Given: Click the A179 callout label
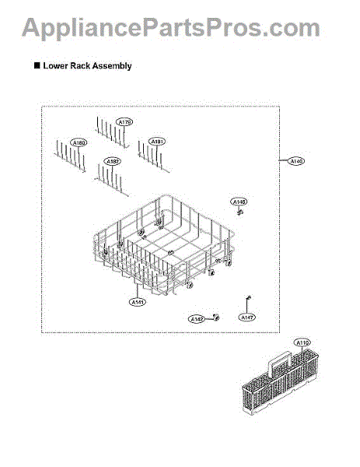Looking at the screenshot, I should [x=124, y=121].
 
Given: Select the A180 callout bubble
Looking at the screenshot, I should [x=79, y=142].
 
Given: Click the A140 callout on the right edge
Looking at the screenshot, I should [x=296, y=161].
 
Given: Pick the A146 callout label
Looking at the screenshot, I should [x=239, y=202].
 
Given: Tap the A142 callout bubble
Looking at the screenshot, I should [x=197, y=319].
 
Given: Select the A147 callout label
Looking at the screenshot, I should [x=246, y=317].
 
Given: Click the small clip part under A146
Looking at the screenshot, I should [x=241, y=211].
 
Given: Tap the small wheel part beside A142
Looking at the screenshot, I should [x=216, y=318].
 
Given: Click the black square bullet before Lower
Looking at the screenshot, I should [x=37, y=66].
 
